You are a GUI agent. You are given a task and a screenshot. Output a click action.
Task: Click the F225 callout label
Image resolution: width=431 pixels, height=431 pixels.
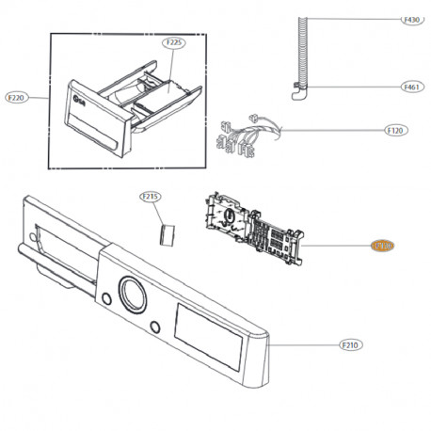point(174,43)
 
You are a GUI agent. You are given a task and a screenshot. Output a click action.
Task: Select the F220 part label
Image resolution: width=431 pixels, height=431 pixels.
point(17,97)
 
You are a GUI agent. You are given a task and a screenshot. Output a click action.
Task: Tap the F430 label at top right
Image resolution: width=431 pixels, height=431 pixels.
point(411,20)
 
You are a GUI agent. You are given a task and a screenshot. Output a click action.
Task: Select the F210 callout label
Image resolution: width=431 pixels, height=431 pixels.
point(350,344)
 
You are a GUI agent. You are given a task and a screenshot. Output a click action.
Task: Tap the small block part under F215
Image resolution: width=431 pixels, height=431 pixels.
point(168,232)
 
